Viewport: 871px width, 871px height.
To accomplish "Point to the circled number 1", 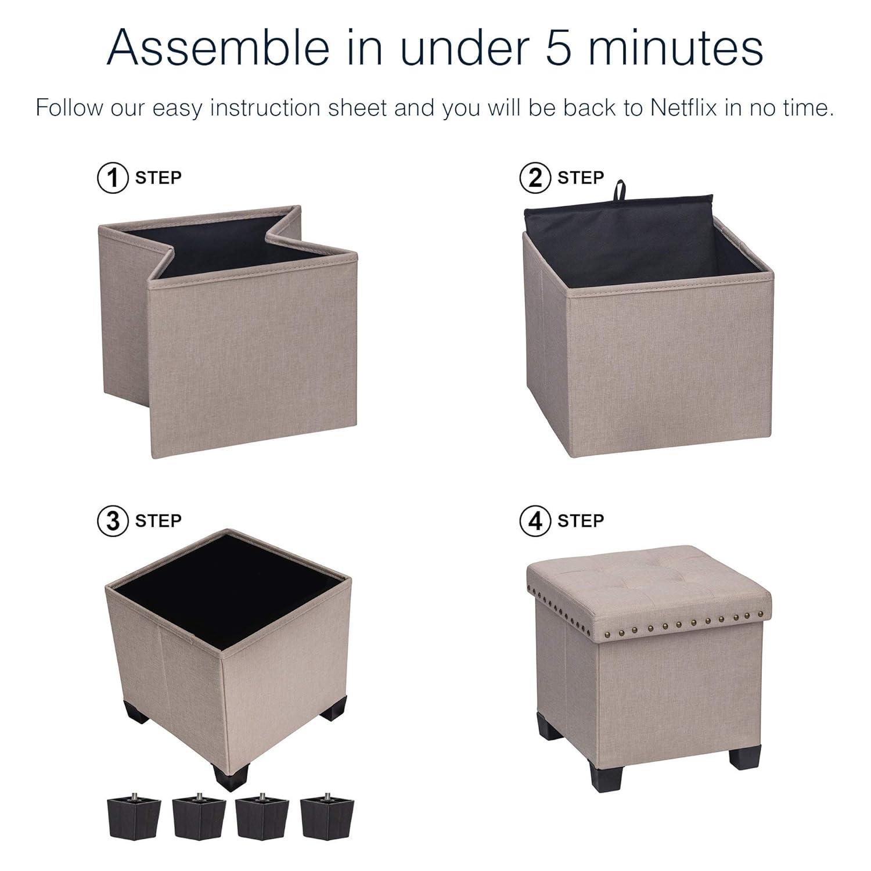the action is (x=112, y=178).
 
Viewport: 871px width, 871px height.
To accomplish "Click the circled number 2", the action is (x=535, y=178).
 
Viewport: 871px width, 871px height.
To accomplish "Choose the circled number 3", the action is (x=112, y=521).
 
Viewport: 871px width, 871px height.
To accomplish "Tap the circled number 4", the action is (x=535, y=521).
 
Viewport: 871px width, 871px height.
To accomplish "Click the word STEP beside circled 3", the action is (x=158, y=521).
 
